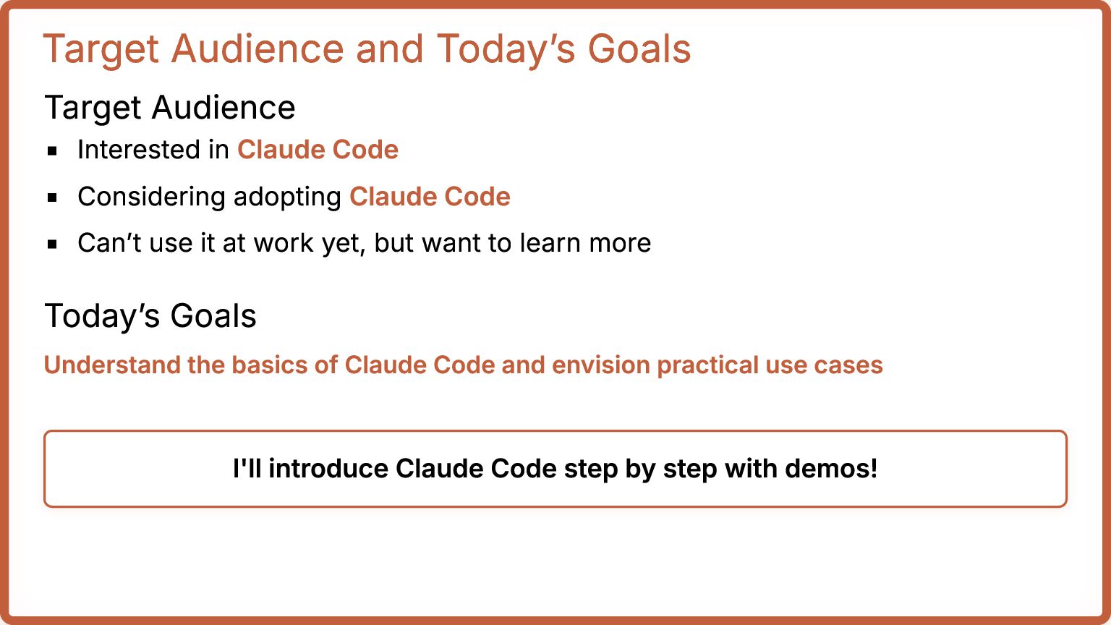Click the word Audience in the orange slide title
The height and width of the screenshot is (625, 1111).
tap(257, 48)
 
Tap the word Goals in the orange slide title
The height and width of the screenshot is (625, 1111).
tap(639, 48)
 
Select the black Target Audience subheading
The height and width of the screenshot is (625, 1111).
tap(170, 108)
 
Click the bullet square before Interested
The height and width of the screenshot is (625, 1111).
tap(52, 150)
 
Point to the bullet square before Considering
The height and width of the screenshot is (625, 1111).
tap(52, 197)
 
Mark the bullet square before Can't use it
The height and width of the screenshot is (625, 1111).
tap(52, 244)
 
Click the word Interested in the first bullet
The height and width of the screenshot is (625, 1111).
tap(140, 149)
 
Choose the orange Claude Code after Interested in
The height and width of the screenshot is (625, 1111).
tap(318, 149)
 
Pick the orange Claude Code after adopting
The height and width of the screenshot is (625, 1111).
tap(430, 196)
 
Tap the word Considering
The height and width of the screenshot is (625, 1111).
tap(151, 197)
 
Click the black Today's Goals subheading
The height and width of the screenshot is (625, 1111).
tap(150, 316)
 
